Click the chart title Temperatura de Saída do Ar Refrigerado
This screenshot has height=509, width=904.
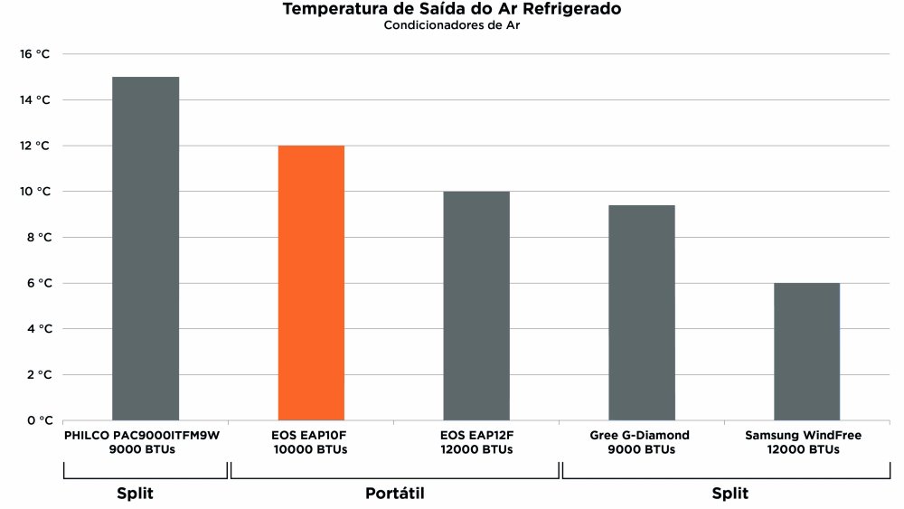click(x=452, y=10)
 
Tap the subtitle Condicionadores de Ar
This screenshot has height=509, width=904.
click(x=452, y=25)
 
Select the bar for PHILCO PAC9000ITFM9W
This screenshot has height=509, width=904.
click(x=146, y=249)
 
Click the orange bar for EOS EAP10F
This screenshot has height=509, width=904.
click(x=311, y=283)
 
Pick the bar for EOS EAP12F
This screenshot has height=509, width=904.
click(x=476, y=306)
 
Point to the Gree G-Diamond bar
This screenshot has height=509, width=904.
click(x=641, y=313)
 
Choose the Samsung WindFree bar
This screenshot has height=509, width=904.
click(x=806, y=352)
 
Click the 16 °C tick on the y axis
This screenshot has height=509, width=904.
click(x=35, y=54)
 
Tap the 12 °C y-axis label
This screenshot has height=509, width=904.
click(x=35, y=146)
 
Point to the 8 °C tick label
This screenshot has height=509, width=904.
click(x=35, y=238)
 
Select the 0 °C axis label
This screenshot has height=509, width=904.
click(x=35, y=420)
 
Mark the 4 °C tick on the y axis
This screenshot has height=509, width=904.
click(x=35, y=329)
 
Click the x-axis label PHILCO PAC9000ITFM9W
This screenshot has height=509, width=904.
click(x=142, y=436)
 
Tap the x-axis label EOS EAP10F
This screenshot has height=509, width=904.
click(x=311, y=436)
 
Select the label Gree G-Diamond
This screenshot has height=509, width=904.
click(x=639, y=436)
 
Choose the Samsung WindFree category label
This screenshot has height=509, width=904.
click(x=803, y=436)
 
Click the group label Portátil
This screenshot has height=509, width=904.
click(x=395, y=494)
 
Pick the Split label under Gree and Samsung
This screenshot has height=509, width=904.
click(x=730, y=494)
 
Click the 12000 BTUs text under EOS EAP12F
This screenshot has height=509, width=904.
click(x=476, y=449)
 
